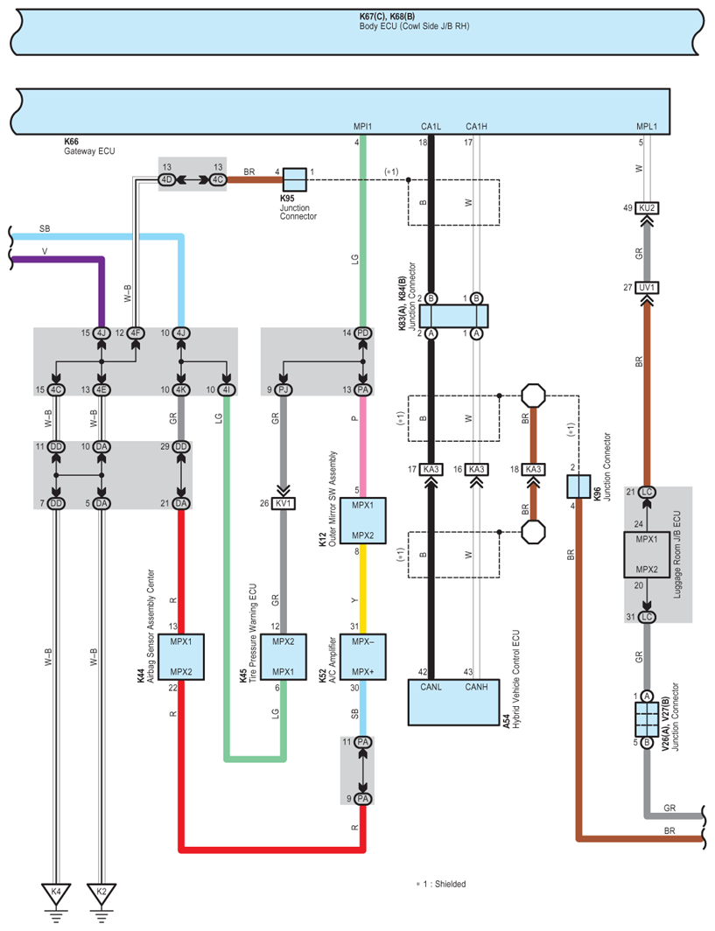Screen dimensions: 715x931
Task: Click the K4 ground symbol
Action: coord(56,897)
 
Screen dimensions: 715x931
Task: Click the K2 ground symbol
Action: coord(102,897)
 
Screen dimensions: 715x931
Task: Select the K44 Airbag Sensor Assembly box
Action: coord(181,656)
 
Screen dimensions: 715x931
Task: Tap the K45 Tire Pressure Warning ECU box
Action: coord(284,656)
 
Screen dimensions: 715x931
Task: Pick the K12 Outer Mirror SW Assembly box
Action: coord(363,521)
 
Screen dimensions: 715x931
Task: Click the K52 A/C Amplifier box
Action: coord(363,656)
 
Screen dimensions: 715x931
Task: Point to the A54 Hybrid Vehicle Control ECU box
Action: coord(453,703)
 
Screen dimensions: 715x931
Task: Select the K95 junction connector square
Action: coord(295,179)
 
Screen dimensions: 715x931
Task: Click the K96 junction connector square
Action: coord(578,486)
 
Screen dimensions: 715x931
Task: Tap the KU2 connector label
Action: coord(647,208)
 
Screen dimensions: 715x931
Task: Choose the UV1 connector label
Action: coord(647,287)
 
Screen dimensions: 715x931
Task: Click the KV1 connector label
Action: coord(284,503)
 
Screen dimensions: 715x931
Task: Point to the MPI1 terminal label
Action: coord(362,127)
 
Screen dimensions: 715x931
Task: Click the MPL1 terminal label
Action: coord(646,127)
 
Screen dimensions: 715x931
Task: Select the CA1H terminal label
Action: coord(476,127)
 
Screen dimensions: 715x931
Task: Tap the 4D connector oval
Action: coord(167,179)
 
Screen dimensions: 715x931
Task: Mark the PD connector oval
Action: coord(363,333)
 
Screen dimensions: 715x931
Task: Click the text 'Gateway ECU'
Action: coord(89,150)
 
